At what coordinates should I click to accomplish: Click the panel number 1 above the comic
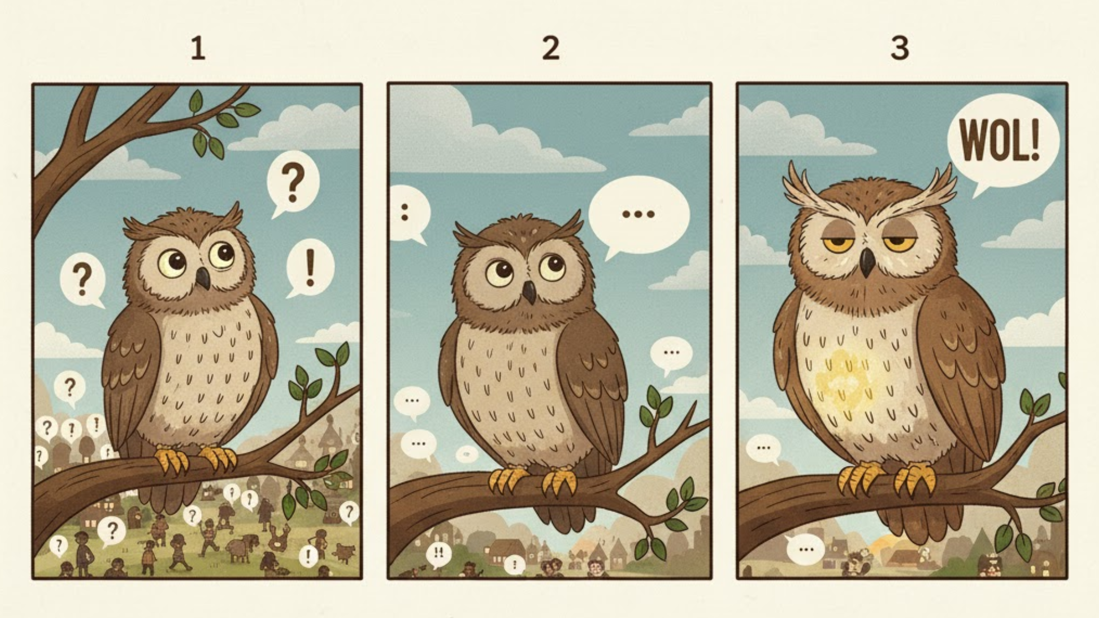(198, 49)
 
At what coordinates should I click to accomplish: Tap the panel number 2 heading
(550, 49)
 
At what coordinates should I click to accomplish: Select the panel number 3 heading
(899, 49)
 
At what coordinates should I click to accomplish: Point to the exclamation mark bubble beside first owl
(310, 268)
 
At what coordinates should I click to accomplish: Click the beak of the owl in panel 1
(203, 278)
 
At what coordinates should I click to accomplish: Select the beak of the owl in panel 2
(529, 292)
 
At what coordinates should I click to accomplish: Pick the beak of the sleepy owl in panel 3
(866, 262)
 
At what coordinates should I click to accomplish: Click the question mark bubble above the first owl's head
(293, 184)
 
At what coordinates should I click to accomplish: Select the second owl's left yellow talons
(507, 480)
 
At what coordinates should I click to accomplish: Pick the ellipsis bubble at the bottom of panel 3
(805, 549)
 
